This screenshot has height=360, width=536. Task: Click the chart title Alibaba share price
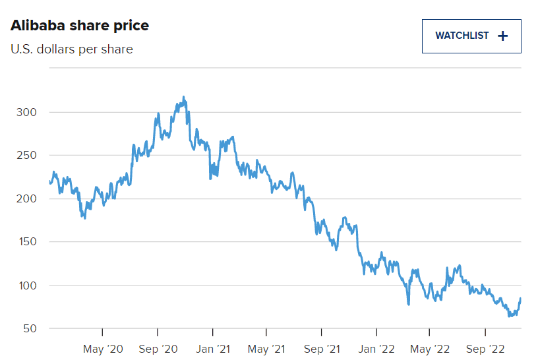[x=80, y=26]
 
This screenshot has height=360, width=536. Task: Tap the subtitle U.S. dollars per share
[x=72, y=49]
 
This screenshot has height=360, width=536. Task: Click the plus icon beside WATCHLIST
[x=503, y=36]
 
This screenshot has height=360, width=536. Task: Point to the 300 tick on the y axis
[x=26, y=112]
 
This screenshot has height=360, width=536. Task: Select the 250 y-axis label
[x=26, y=156]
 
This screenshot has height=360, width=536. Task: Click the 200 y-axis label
[x=26, y=198]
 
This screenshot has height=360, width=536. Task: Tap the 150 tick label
[x=26, y=242]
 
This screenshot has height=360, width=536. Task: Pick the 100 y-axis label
[x=26, y=285]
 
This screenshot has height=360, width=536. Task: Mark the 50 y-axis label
[x=29, y=328]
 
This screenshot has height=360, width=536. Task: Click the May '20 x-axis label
[x=103, y=348]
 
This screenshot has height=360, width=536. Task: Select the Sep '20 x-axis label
[x=158, y=348]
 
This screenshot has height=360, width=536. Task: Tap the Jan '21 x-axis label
[x=212, y=348]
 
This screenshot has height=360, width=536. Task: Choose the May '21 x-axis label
[x=266, y=348]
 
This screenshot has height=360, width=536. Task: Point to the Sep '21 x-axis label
[x=322, y=348]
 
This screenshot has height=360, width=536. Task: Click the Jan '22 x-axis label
[x=376, y=348]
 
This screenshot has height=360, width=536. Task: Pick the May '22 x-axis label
[x=431, y=348]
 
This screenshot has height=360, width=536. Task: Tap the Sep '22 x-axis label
[x=486, y=348]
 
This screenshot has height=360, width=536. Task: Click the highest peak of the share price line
[x=183, y=97]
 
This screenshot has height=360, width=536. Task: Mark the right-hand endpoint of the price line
[x=520, y=299]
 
